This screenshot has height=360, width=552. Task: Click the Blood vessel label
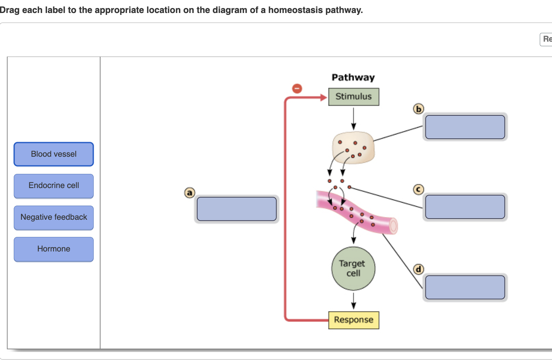coord(54,154)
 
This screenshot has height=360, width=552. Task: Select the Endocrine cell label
coord(54,186)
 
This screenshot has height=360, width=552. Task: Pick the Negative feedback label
coord(54,217)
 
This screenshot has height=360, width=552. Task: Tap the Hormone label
coord(54,249)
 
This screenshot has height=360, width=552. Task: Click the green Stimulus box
coord(354,97)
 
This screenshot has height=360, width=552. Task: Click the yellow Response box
coord(354,320)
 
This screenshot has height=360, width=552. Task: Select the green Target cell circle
coord(353,268)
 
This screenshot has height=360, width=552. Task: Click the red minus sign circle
coord(297,88)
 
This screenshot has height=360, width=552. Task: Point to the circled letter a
coord(190,193)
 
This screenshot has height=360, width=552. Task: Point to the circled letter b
coord(419,109)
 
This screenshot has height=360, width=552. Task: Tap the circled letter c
coord(419,190)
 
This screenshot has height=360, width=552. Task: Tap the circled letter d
coord(419,269)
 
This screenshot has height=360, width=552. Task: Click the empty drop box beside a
coord(237,209)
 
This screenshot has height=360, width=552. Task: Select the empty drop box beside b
coord(465,127)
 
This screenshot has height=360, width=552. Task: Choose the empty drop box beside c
coord(465,207)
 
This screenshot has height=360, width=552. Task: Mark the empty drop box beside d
coord(465,287)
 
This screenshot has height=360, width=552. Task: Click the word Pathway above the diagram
coord(353,77)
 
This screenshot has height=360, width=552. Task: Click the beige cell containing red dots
coord(353,148)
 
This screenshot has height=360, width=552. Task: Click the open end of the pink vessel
coord(393,226)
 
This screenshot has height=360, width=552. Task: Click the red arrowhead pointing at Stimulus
coord(324,97)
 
